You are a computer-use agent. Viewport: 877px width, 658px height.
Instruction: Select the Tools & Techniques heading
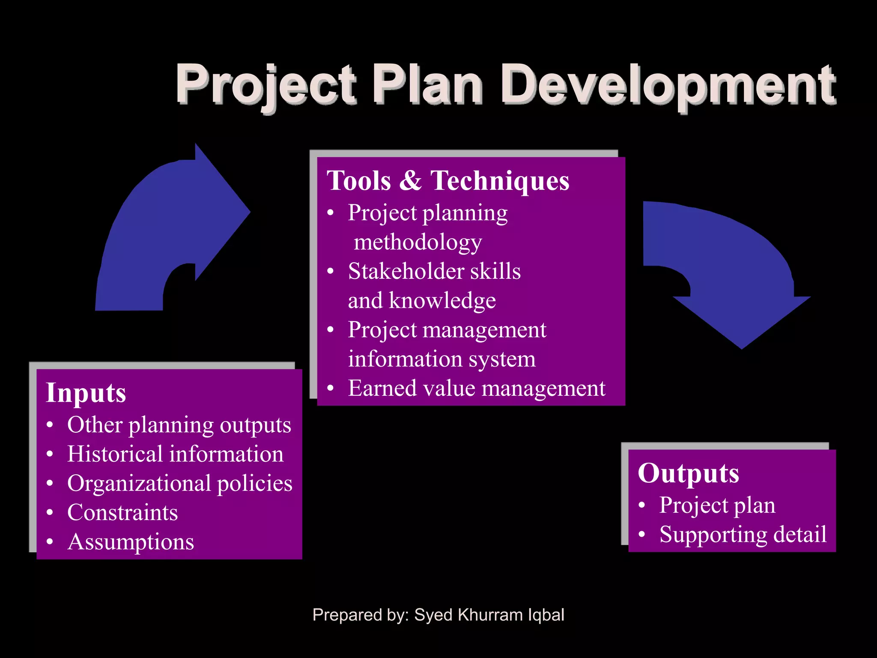pos(448,180)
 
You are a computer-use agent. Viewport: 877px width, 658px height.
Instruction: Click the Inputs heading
pos(86,393)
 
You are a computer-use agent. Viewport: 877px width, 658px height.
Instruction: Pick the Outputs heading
pos(688,473)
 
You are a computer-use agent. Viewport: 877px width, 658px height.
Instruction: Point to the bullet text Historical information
pos(175,454)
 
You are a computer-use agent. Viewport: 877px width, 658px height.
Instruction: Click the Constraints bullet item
pos(122,512)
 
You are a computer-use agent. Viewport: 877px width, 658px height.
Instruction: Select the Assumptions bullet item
pos(131,542)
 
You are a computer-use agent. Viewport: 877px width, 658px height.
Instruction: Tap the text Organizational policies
pos(180,483)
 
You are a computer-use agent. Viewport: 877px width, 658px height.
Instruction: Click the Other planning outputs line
pos(179,425)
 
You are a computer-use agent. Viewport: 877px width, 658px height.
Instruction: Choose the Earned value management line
pos(476,389)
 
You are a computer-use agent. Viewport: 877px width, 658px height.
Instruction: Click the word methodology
pos(418,242)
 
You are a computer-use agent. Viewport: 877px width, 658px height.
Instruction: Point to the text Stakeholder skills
pos(434,272)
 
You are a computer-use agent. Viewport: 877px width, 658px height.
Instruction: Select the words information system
pos(441,359)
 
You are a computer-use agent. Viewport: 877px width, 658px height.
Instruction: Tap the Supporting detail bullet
pos(743,535)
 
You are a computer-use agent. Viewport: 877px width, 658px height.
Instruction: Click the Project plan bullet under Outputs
pos(717,505)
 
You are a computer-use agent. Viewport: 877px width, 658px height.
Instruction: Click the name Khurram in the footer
pos(490,615)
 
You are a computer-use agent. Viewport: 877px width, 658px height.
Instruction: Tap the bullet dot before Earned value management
pos(330,389)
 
